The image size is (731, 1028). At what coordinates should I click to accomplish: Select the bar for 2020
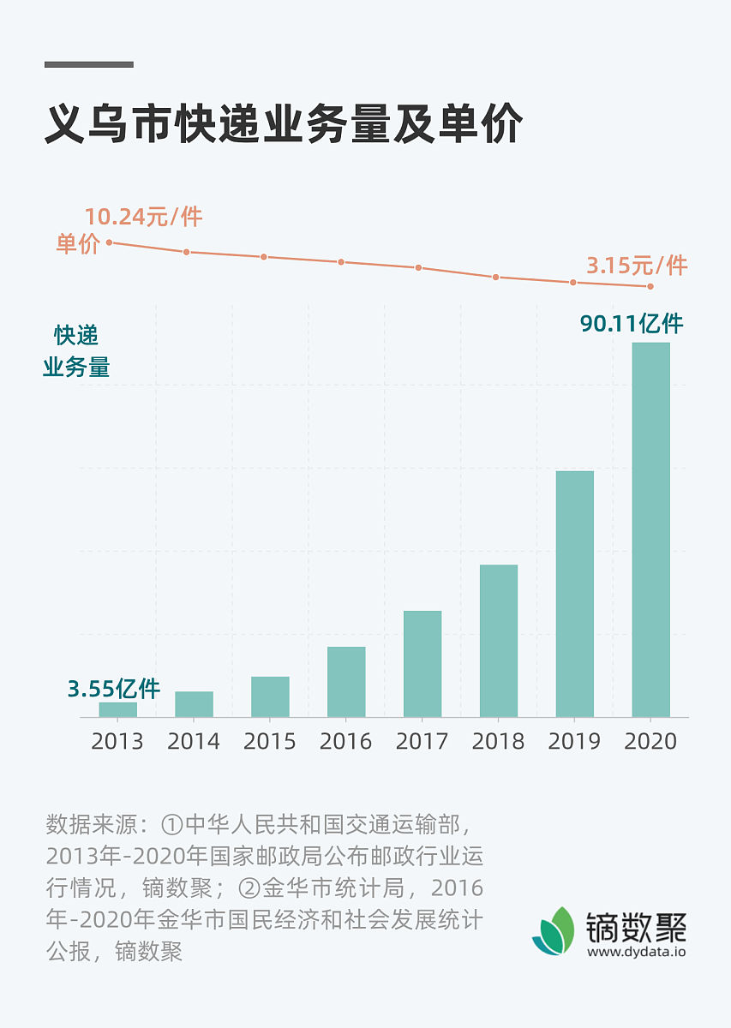point(650,529)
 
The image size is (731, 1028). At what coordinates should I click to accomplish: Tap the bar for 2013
point(117,709)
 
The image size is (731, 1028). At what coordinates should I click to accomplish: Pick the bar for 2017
point(422,664)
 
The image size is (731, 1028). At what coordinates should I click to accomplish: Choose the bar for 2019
point(574,594)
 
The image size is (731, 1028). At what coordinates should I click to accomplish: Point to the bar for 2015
point(270,696)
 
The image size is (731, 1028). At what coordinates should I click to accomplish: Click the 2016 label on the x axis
point(346,741)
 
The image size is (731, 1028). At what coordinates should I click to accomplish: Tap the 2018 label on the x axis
point(498,741)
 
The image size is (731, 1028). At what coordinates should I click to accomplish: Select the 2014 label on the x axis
point(194,741)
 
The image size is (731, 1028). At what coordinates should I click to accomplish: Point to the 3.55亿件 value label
point(114,688)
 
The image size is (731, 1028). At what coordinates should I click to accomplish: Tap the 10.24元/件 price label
point(143,217)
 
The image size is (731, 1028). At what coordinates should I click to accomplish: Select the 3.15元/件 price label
point(637,266)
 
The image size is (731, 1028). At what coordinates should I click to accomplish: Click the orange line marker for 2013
point(110,242)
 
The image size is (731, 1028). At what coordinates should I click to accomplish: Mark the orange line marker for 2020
point(650,286)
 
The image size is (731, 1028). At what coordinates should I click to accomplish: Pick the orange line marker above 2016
point(341,262)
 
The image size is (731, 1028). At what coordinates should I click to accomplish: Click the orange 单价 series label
point(78,244)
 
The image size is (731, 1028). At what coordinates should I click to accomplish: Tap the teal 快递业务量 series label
point(76,351)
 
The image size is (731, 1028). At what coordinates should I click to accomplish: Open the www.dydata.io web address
point(637,951)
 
